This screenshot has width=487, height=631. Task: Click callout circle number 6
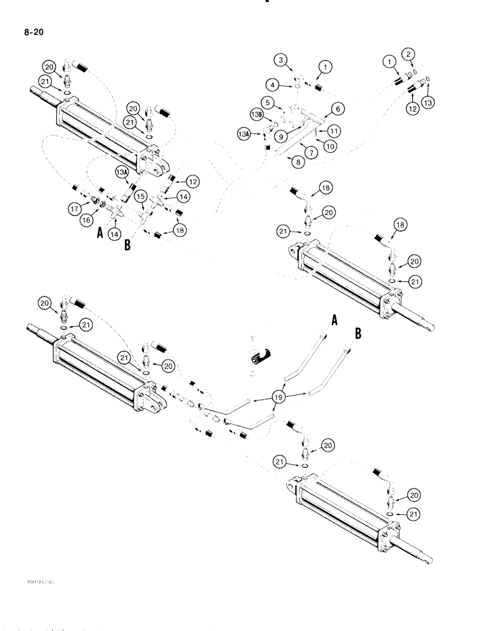[338, 110]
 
